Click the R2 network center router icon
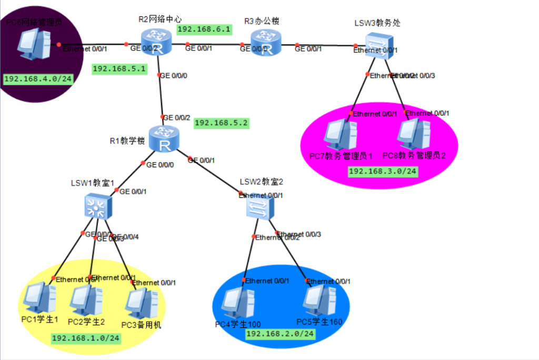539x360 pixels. [x=156, y=42]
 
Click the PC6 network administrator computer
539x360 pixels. [x=34, y=44]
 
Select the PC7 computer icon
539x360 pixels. [x=340, y=135]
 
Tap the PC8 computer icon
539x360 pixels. [x=414, y=135]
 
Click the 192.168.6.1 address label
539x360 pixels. [x=204, y=29]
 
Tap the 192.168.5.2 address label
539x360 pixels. [x=222, y=123]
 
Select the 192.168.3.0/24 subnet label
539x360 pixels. [x=383, y=171]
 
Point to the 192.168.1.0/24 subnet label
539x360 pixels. [x=86, y=338]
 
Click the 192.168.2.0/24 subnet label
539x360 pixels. [x=281, y=334]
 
